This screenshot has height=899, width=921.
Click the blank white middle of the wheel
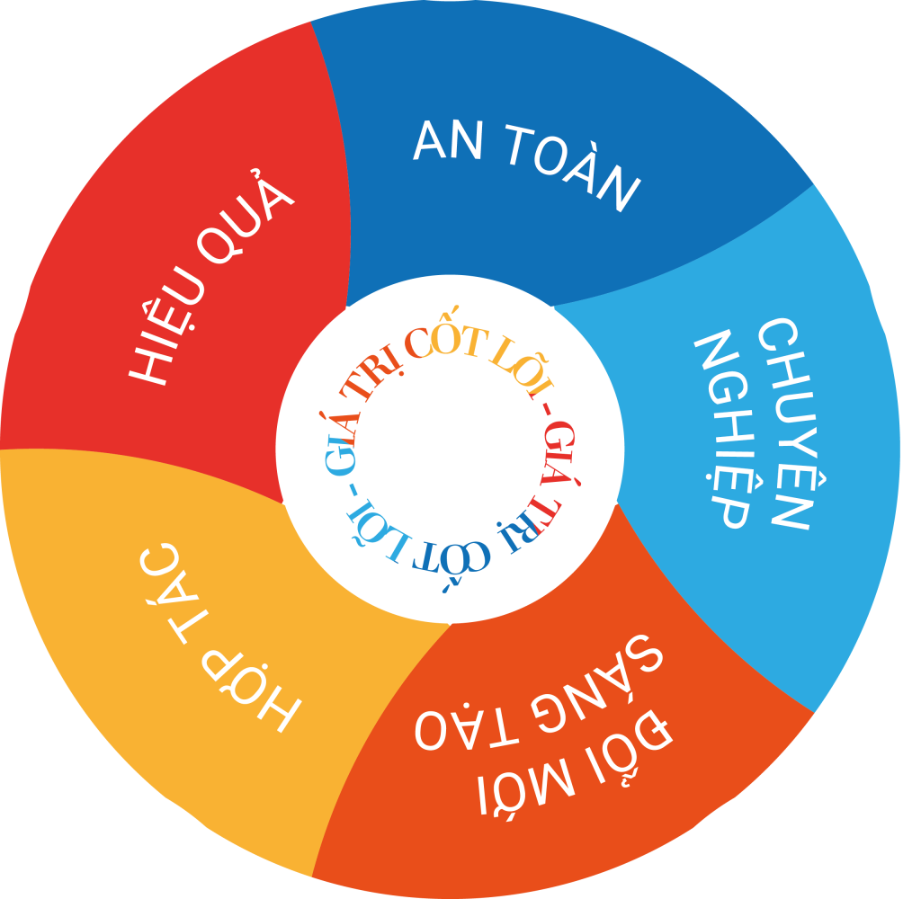pyautogui.click(x=450, y=449)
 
